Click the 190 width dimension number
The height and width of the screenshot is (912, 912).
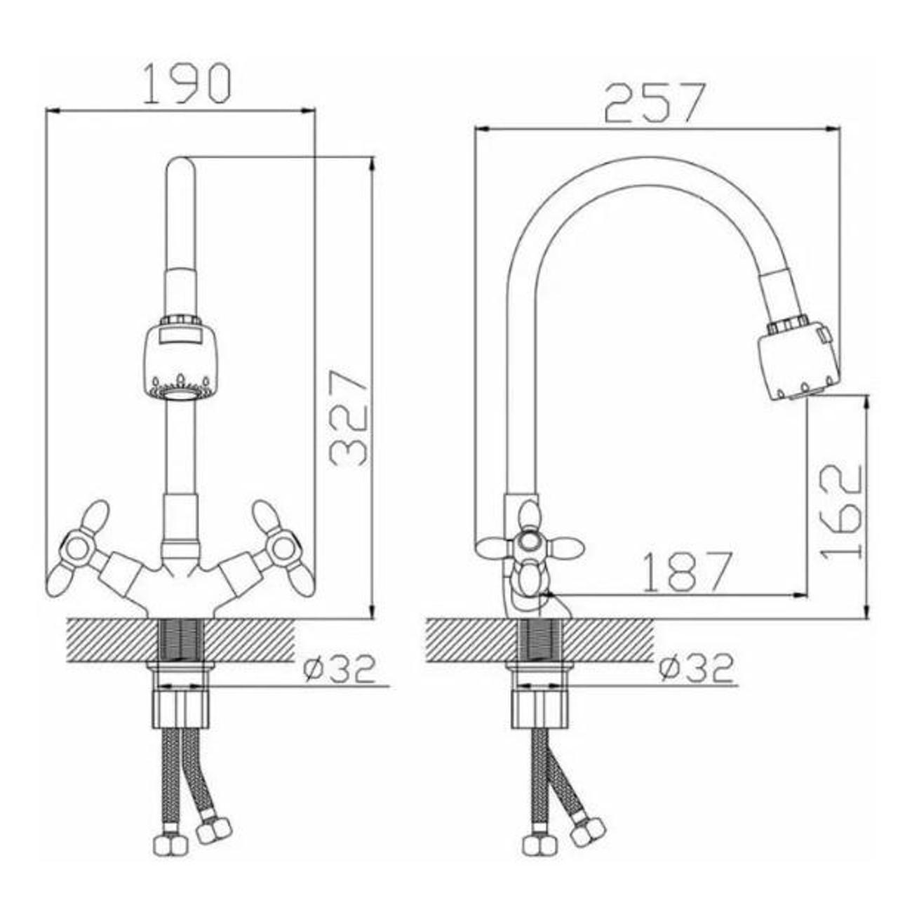[187, 83]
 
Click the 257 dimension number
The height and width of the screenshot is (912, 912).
[655, 103]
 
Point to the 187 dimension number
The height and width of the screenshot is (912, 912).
[689, 572]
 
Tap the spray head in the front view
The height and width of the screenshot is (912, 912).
[180, 354]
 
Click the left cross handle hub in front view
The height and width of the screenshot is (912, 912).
[76, 549]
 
